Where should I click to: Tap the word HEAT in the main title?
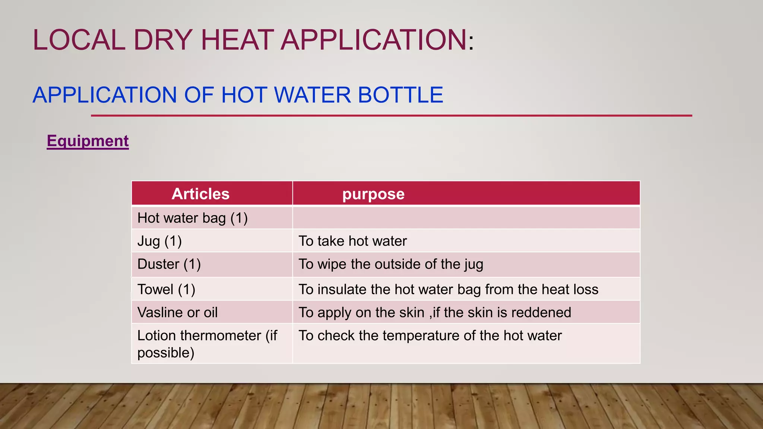point(237,40)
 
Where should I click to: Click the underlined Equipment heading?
point(88,141)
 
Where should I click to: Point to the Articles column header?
point(200,194)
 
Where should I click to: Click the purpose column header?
point(373,194)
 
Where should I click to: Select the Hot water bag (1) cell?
point(192,218)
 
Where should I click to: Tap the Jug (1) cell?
point(159,241)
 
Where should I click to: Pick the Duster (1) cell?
point(169,264)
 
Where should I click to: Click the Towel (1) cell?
point(166,289)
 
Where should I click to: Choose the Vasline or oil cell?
point(177,312)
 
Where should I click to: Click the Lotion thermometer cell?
point(207,343)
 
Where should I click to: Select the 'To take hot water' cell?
point(352,241)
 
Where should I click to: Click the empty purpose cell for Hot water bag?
point(466,218)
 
